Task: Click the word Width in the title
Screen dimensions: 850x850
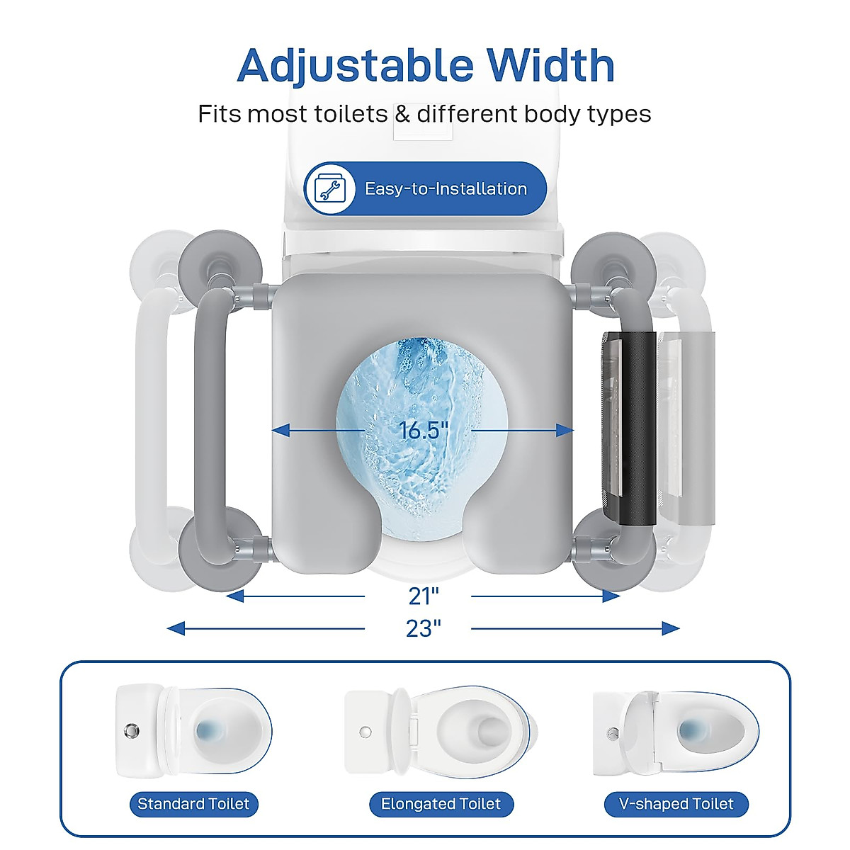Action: (550, 66)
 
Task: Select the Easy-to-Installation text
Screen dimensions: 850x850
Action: (446, 189)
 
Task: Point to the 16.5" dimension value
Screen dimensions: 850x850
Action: (423, 430)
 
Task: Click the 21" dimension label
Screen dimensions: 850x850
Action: (424, 596)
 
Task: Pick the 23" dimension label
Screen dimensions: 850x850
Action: (424, 628)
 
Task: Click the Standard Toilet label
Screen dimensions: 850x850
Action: (193, 804)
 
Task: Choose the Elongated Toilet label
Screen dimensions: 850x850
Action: (441, 804)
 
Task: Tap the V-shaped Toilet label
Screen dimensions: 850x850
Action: (676, 804)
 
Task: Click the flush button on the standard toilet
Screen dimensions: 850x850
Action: (131, 730)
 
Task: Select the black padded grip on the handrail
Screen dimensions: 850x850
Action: (635, 429)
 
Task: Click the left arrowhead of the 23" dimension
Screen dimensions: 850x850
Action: (176, 628)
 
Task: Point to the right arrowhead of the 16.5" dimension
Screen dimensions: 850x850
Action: (565, 430)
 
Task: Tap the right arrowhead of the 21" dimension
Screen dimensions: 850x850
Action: (611, 596)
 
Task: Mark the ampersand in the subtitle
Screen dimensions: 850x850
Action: (402, 114)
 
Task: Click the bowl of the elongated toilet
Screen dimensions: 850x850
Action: (482, 731)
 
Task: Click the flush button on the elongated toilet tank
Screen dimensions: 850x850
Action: (365, 731)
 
